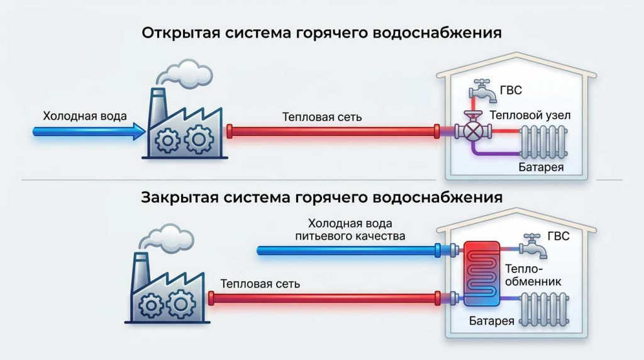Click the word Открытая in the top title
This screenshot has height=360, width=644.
point(173,33)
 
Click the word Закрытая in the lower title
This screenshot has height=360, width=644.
point(174,197)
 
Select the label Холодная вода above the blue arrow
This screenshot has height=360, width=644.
point(85,116)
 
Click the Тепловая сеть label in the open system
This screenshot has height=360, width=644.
point(322,117)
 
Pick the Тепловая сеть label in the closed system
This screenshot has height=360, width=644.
point(260,284)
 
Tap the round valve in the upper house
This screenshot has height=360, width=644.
point(474,131)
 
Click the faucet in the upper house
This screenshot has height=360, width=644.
point(481,90)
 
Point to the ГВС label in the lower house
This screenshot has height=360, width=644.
point(558,236)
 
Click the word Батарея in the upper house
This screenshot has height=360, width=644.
point(541,167)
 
